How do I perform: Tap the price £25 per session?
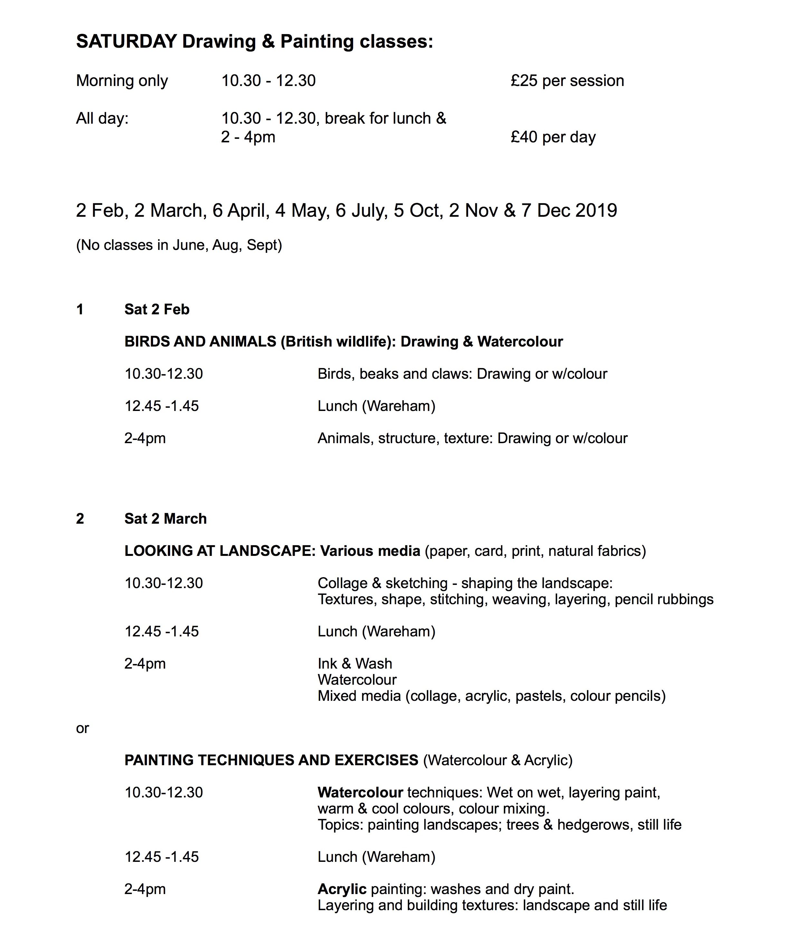click(x=567, y=81)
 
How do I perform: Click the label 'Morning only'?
click(x=122, y=81)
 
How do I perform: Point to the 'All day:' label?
click(x=102, y=118)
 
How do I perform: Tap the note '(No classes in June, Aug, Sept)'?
click(x=179, y=245)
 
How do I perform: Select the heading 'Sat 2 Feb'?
click(x=157, y=309)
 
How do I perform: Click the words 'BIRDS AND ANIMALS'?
click(x=200, y=341)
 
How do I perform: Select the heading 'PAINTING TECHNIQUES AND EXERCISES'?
click(x=271, y=760)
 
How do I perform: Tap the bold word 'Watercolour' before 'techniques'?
click(x=360, y=792)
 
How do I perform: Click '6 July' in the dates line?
click(x=361, y=211)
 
